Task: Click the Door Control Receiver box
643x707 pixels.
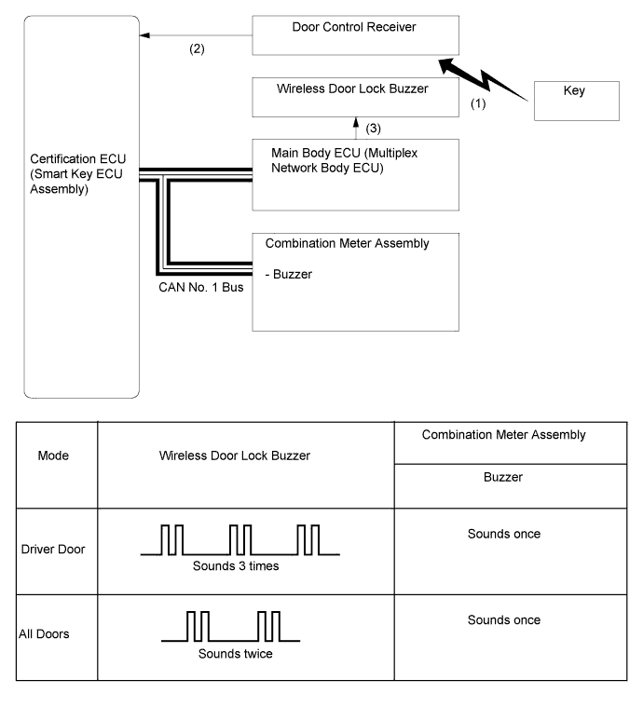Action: tap(357, 36)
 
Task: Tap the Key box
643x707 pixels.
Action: tap(575, 101)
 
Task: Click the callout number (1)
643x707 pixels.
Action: tap(477, 106)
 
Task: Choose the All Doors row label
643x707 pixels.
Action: tap(42, 633)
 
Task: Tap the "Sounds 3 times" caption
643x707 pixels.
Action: tap(230, 564)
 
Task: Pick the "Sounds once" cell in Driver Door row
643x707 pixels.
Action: tap(503, 535)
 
